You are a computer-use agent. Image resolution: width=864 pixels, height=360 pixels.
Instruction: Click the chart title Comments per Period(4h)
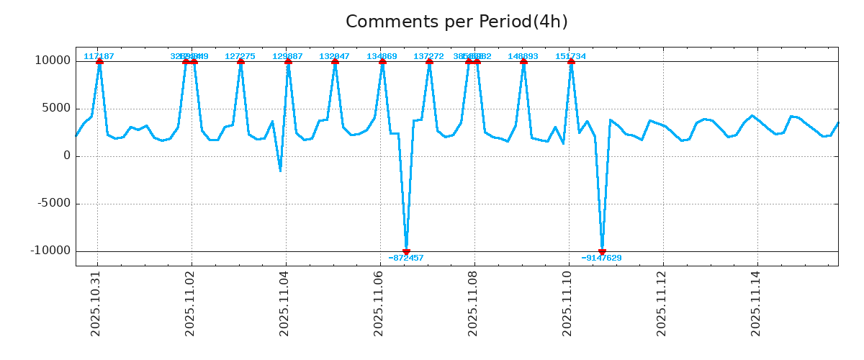pos(456,22)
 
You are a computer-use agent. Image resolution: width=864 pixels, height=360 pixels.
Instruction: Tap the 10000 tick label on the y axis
pos(53,60)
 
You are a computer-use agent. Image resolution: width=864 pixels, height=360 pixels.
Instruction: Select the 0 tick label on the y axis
pos(68,156)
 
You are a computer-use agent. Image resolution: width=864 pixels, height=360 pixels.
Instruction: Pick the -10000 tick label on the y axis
pos(51,251)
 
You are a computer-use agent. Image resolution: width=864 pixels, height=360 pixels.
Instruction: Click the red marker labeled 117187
pos(99,62)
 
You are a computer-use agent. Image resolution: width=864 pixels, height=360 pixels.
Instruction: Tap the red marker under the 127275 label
pos(240,62)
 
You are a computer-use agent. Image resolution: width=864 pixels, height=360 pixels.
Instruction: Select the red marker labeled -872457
pos(406,251)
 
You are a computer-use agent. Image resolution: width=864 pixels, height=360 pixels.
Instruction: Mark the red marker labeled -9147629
pos(602,251)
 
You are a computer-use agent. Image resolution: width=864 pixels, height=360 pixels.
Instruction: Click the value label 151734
pos(570,56)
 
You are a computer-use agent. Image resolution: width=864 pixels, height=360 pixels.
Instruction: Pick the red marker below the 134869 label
pos(382,62)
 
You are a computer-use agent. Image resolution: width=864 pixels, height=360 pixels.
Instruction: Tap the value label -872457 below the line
pos(406,258)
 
